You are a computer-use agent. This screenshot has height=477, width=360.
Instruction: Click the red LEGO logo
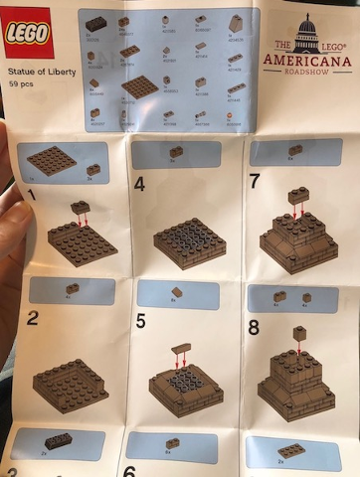click(x=30, y=36)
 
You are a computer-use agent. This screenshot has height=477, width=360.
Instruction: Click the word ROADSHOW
click(x=308, y=74)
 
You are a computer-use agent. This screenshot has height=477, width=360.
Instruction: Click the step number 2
click(x=34, y=318)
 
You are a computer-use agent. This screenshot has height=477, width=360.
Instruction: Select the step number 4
click(x=140, y=184)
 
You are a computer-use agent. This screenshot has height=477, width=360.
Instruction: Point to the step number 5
click(x=140, y=321)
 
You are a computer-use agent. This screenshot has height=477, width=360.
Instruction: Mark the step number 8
click(x=255, y=326)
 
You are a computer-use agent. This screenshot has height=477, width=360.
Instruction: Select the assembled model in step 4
click(x=189, y=241)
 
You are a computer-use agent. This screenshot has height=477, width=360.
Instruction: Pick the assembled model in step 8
click(x=295, y=383)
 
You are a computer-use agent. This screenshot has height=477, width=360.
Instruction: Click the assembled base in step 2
click(x=70, y=383)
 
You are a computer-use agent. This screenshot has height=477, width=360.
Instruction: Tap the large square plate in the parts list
click(x=139, y=86)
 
